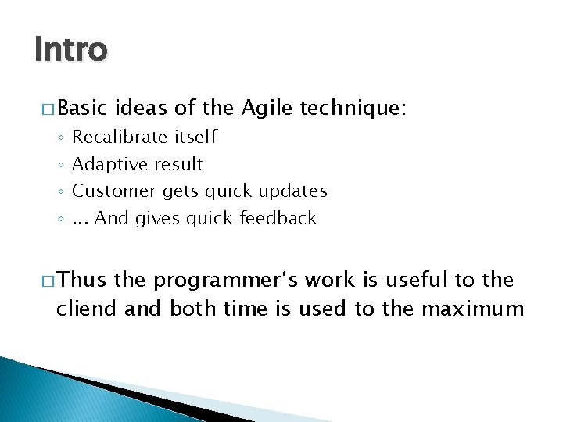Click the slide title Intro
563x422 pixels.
click(x=70, y=49)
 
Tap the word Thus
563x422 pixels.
click(x=82, y=280)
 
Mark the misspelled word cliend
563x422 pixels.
click(x=88, y=309)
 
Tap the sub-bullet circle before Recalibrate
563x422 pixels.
click(x=60, y=138)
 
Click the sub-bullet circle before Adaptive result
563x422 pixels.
click(x=60, y=165)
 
